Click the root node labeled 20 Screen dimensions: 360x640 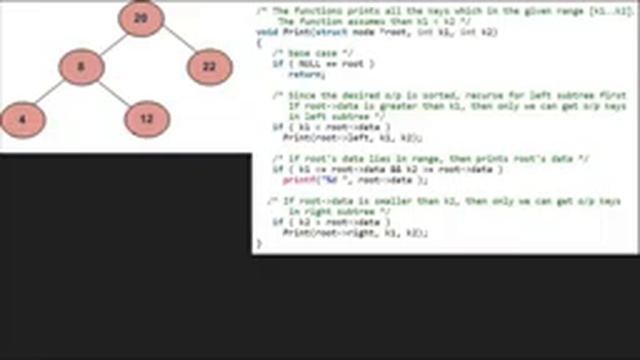pyautogui.click(x=141, y=18)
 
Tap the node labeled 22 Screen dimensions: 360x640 pyautogui.click(x=208, y=67)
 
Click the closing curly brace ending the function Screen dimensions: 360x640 pyautogui.click(x=258, y=243)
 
